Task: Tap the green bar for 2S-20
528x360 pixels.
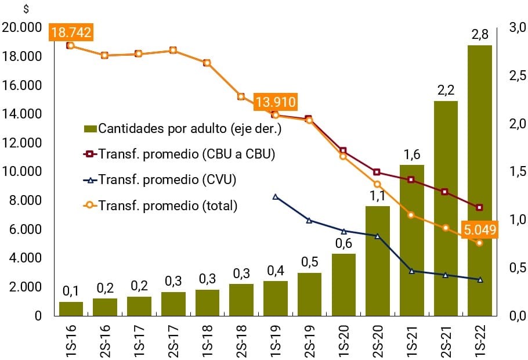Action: [378, 261]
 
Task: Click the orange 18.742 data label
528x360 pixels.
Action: [71, 33]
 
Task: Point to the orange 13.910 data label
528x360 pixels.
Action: [275, 103]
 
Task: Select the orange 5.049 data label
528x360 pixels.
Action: [479, 230]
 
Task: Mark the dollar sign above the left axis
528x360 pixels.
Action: [26, 9]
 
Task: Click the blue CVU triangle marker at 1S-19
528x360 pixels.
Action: [276, 197]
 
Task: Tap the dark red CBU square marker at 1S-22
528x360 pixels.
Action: [479, 207]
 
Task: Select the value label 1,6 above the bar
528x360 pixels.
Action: [412, 155]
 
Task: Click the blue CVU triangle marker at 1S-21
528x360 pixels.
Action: [412, 271]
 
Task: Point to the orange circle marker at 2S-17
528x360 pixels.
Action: [173, 51]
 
